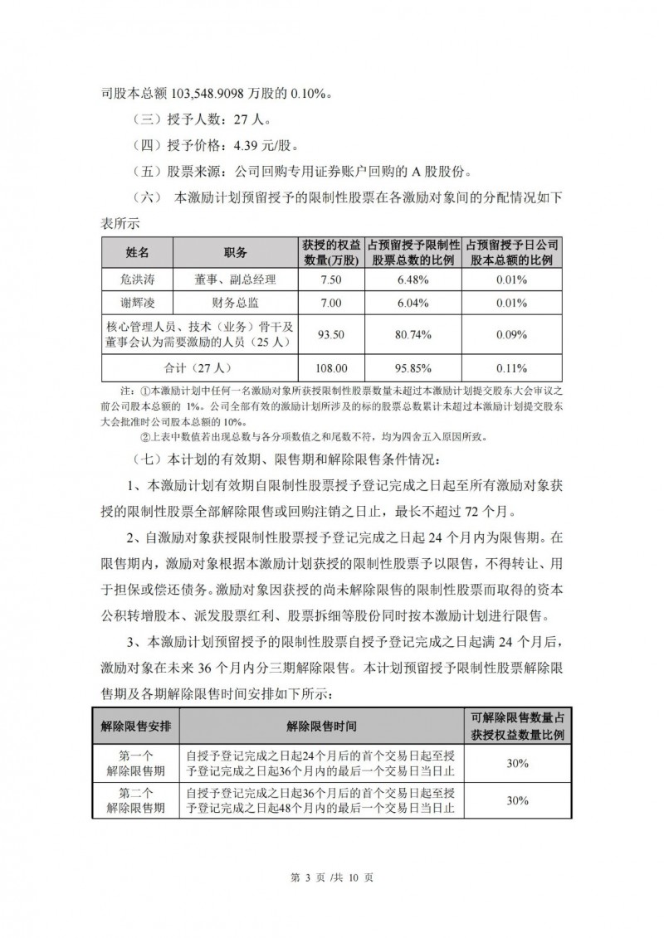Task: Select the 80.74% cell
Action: (413, 335)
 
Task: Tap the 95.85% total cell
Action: (413, 367)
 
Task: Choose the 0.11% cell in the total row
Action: (512, 367)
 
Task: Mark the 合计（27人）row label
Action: (198, 367)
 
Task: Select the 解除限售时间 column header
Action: (322, 726)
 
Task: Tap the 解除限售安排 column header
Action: (136, 726)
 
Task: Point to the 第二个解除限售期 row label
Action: (136, 799)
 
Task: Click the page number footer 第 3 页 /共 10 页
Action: (332, 877)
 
